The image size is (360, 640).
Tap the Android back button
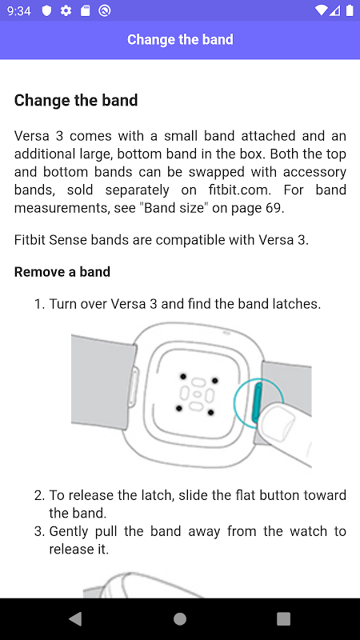(75, 618)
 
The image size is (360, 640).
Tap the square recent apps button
(283, 618)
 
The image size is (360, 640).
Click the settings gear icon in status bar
(66, 11)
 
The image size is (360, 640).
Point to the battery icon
(350, 10)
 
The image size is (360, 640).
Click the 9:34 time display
(18, 11)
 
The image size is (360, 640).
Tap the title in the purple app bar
(180, 39)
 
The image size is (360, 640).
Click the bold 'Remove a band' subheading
(62, 272)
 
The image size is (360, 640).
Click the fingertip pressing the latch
(278, 425)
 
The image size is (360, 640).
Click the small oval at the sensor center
(198, 394)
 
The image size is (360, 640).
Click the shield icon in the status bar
(47, 11)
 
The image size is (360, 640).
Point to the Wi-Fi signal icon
(322, 10)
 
